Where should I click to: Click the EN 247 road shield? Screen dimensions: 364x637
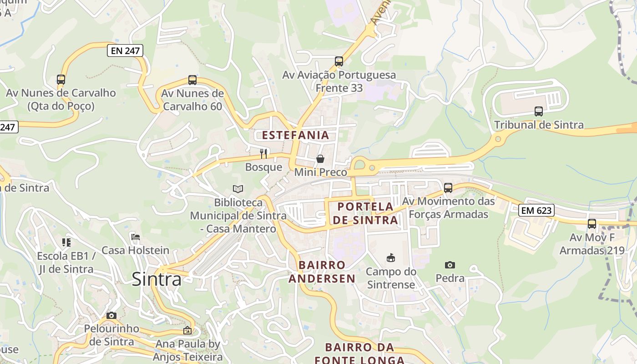(x=125, y=51)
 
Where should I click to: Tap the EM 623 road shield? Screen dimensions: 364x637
(x=536, y=210)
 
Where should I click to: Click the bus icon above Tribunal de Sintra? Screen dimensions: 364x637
(x=539, y=111)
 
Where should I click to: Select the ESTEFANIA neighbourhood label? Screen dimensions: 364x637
(x=295, y=135)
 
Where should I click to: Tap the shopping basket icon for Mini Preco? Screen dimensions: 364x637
(x=320, y=159)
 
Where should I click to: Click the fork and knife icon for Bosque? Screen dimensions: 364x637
(x=263, y=153)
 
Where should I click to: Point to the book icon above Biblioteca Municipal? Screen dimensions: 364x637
(x=238, y=189)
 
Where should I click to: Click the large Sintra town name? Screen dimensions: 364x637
(x=157, y=279)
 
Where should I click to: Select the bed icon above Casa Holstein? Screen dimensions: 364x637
(x=135, y=237)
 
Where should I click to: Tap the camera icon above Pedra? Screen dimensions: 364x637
(x=450, y=265)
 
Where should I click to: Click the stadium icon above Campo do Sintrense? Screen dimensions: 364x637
(x=390, y=258)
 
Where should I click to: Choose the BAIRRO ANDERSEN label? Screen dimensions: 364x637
(x=322, y=272)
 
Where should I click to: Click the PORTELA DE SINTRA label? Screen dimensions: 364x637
(x=365, y=213)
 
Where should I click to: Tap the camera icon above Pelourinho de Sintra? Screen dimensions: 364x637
(x=111, y=315)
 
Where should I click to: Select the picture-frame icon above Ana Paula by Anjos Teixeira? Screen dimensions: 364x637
(x=187, y=331)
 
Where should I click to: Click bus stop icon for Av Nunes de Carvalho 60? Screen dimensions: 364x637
(x=192, y=80)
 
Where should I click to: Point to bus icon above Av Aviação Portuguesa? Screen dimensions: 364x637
(x=339, y=61)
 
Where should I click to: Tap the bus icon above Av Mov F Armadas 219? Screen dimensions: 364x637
(x=591, y=224)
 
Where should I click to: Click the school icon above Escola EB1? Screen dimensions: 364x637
(x=66, y=243)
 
